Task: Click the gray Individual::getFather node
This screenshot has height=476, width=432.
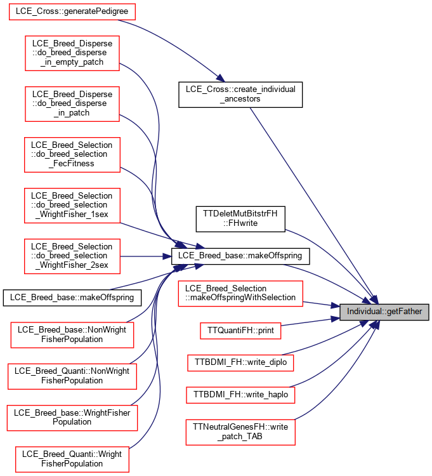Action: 384,312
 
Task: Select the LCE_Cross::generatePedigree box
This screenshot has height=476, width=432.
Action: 72,12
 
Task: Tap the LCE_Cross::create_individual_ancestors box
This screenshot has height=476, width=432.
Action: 240,95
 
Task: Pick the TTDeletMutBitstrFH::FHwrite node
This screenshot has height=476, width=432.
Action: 240,219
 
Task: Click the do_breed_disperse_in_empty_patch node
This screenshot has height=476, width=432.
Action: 72,53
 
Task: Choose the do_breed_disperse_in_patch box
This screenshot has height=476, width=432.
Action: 72,104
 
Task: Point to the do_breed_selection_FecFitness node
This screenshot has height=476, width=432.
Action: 72,154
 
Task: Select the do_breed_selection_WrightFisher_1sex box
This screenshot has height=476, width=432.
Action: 72,205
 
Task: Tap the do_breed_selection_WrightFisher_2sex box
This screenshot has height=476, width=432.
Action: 72,256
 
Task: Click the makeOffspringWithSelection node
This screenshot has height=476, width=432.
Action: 240,293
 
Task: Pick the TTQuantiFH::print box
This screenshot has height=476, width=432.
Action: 240,331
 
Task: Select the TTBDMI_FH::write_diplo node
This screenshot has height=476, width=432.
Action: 240,362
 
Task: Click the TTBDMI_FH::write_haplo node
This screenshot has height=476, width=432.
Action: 240,395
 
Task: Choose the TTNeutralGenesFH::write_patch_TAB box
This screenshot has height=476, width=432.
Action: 240,432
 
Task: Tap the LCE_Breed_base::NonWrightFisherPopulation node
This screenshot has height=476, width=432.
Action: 72,335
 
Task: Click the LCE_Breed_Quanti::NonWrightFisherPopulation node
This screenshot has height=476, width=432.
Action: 72,376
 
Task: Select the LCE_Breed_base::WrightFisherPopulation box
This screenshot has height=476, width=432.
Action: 72,418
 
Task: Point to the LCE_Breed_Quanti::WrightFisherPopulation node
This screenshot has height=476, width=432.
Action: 72,459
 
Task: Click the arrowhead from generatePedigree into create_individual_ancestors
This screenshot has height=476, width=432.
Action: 220,77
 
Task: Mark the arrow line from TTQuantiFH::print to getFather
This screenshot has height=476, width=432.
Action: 310,322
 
